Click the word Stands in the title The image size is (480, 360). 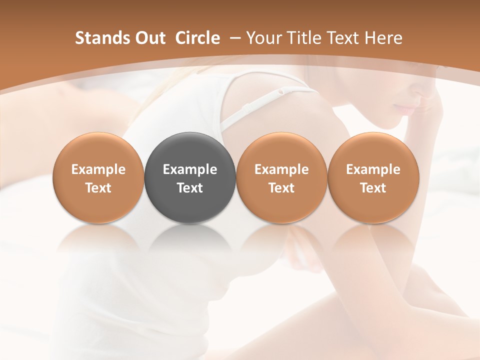click(101, 38)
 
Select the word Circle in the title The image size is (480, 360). click(197, 38)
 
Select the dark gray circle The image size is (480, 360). click(190, 177)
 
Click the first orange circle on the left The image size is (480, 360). click(98, 177)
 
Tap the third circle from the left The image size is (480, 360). click(281, 177)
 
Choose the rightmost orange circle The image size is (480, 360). click(373, 177)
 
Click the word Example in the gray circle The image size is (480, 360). click(190, 169)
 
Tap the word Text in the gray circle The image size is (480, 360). click(190, 188)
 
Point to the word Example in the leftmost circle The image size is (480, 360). click(98, 169)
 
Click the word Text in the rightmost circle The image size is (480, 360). click(373, 188)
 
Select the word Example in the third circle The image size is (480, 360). click(281, 169)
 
